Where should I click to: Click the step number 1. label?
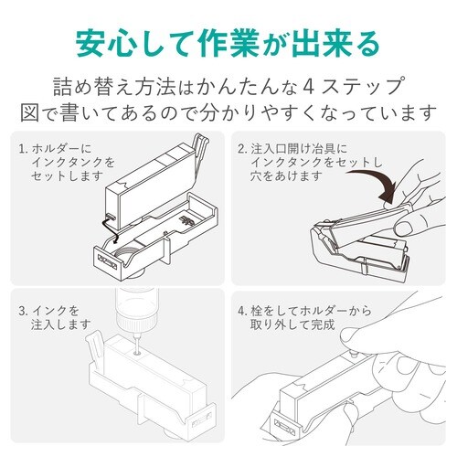tap(22, 147)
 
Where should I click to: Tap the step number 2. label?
tap(243, 147)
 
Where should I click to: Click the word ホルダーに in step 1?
tap(62, 147)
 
